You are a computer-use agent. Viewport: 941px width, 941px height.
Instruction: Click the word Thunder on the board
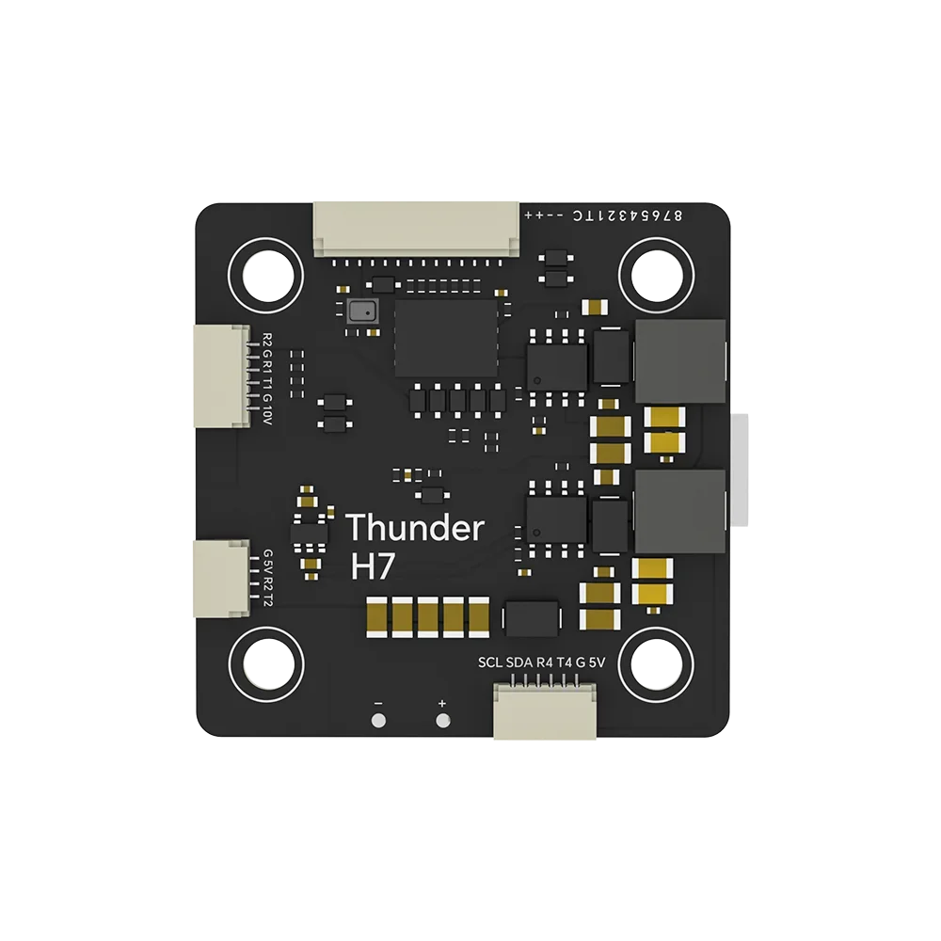coord(415,529)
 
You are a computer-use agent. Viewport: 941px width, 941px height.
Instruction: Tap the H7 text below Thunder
coord(370,566)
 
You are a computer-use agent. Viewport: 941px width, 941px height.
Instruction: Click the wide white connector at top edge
coord(416,228)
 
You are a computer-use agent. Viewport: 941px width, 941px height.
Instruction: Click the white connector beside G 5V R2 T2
coord(221,578)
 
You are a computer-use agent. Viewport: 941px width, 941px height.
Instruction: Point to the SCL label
coord(490,662)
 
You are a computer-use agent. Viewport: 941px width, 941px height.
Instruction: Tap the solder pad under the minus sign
coord(378,722)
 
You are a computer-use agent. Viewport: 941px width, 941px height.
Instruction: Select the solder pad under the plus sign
coord(442,722)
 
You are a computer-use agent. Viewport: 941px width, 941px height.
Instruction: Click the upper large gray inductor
coord(681,359)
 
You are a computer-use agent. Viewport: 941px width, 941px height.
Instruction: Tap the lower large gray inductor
coord(681,511)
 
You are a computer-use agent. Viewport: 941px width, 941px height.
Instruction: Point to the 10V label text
coord(267,407)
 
